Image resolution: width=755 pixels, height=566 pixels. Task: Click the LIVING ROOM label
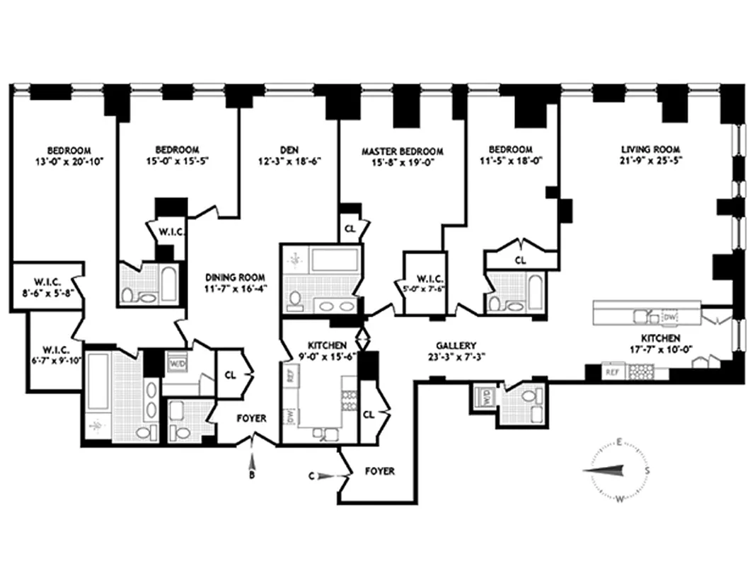(650, 149)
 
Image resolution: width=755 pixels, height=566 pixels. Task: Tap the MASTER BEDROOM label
(402, 151)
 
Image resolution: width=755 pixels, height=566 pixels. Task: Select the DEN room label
(289, 149)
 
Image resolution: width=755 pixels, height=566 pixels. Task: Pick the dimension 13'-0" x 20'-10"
(69, 161)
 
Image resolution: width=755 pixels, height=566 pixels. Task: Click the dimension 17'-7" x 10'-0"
(661, 351)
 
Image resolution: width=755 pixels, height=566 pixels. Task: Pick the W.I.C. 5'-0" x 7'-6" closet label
(423, 282)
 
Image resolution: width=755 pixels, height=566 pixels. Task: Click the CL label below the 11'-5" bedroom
(520, 260)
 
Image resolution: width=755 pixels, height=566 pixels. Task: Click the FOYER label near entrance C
(379, 470)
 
